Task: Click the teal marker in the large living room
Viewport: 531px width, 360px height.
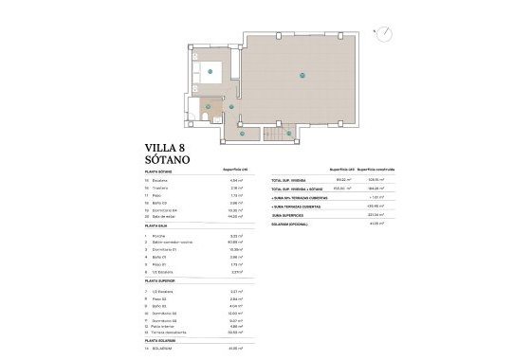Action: pos(302,75)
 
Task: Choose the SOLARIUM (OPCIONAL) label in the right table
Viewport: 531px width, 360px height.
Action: pos(291,224)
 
